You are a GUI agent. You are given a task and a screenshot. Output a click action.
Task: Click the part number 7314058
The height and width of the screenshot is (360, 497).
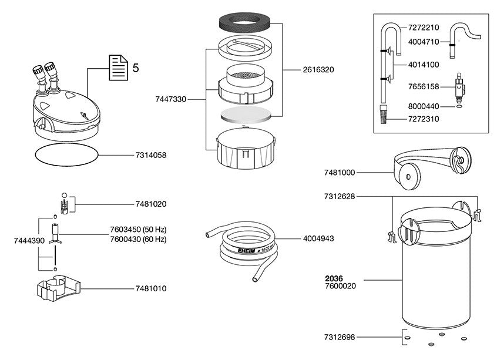pos(150,156)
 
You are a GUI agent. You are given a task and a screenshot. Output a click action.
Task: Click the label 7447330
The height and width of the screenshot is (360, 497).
pos(170,100)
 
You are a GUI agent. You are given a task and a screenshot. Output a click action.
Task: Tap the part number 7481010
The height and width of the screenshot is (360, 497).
pos(150,288)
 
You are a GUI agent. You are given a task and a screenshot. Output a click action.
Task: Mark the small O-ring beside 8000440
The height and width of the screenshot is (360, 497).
pos(458,107)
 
